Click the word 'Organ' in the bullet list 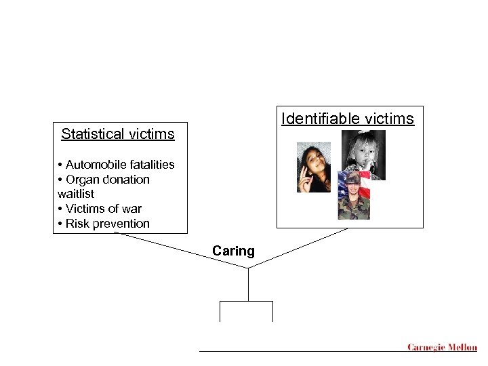point(83,180)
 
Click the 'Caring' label point(233,251)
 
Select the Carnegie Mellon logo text point(442,348)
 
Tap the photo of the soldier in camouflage point(354,197)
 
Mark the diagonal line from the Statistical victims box point(182,250)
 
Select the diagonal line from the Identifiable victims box point(298,249)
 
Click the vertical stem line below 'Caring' point(248,285)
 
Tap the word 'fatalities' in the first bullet point(148,165)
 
